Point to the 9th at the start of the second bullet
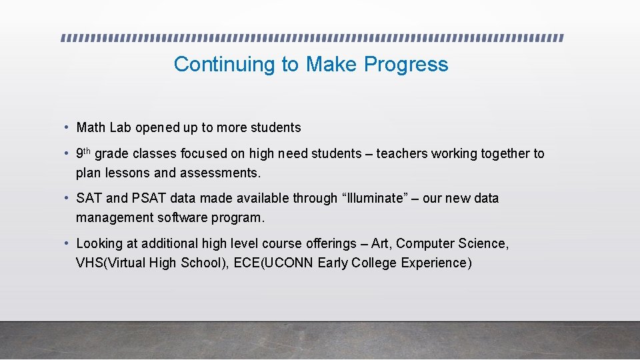point(83,153)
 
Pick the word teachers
point(402,153)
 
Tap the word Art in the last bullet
point(379,243)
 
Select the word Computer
point(425,243)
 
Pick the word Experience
point(436,263)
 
